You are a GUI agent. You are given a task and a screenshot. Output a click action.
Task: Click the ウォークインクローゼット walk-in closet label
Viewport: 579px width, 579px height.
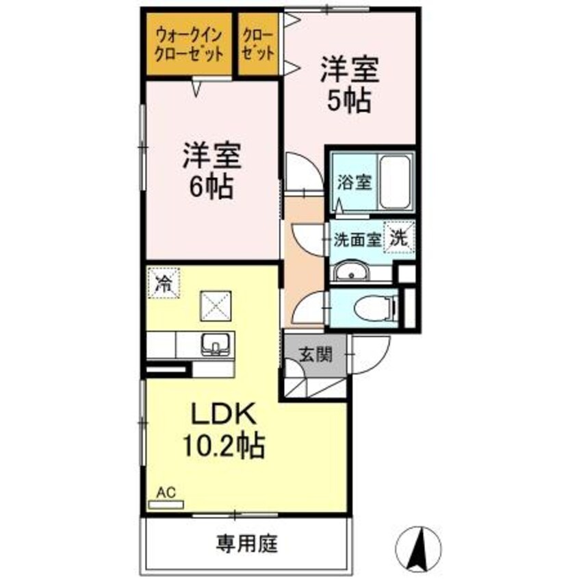pyautogui.click(x=189, y=44)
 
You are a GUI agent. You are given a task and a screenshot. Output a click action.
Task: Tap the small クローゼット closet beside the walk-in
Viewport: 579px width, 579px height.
pyautogui.click(x=257, y=44)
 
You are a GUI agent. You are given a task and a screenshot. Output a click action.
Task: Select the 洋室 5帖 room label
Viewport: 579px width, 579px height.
pyautogui.click(x=348, y=86)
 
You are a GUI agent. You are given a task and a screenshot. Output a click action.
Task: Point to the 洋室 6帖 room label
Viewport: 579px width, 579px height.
pyautogui.click(x=211, y=171)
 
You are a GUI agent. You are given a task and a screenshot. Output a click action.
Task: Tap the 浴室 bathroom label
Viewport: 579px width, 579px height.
pyautogui.click(x=354, y=183)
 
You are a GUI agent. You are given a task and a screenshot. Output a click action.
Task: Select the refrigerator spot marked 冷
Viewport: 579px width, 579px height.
pyautogui.click(x=164, y=283)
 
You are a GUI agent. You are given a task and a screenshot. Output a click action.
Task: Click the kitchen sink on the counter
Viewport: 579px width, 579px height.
pyautogui.click(x=217, y=344)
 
